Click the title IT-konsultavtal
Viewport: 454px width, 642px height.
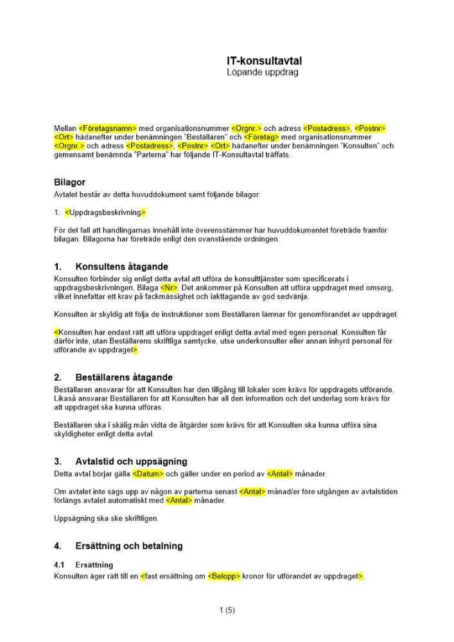point(264,61)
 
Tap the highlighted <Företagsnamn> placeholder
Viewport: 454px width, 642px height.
point(108,128)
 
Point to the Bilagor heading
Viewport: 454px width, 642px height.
point(69,182)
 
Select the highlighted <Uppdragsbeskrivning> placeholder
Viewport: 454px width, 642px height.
point(105,213)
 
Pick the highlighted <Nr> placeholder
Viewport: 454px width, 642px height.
point(169,288)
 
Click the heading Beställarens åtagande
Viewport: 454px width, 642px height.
point(124,377)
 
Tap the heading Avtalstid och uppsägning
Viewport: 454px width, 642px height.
point(131,461)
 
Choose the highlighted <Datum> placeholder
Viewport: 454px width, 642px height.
point(148,474)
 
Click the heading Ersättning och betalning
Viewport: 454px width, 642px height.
point(128,546)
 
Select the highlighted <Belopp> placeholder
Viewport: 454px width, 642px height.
point(223,577)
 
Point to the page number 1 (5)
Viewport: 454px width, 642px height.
point(227,611)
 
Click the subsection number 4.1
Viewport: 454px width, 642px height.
point(59,565)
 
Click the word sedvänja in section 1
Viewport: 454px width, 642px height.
point(293,297)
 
